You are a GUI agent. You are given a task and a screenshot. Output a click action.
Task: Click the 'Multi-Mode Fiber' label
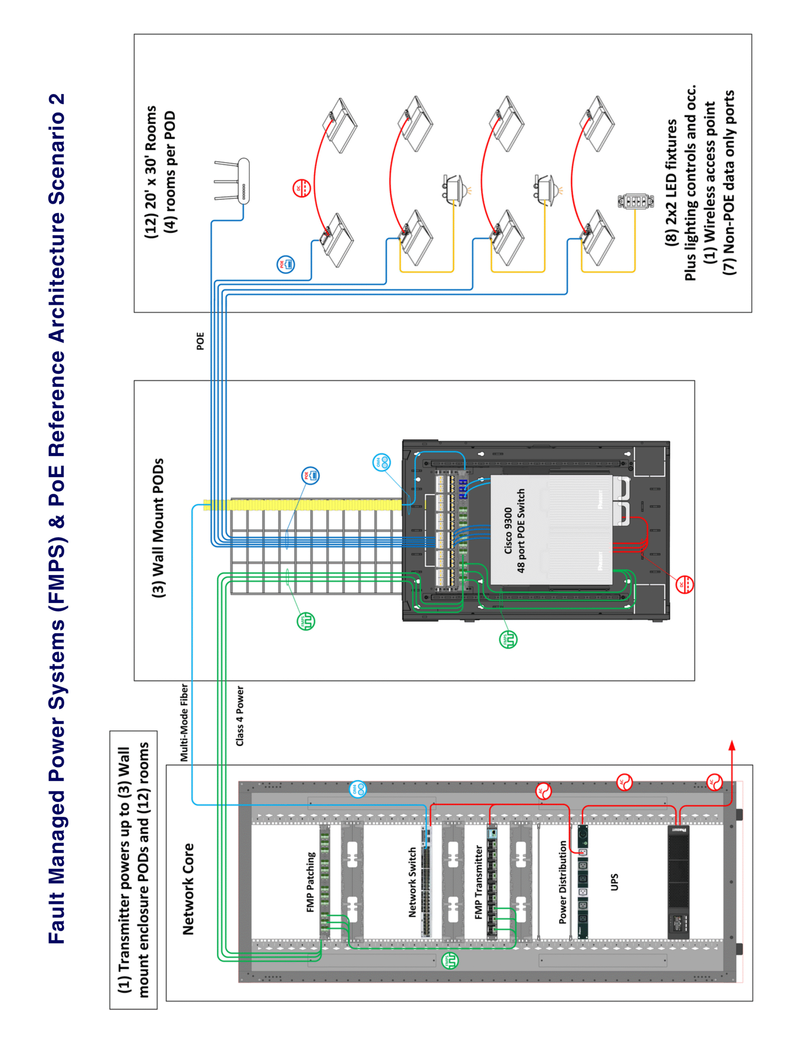pyautogui.click(x=184, y=723)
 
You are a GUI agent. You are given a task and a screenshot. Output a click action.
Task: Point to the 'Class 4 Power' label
pyautogui.click(x=240, y=716)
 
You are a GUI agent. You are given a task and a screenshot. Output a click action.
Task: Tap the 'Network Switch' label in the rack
pyautogui.click(x=412, y=882)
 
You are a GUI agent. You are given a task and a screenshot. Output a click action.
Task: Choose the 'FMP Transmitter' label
pyautogui.click(x=479, y=882)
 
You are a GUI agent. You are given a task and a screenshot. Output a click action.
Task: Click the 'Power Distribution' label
pyautogui.click(x=562, y=882)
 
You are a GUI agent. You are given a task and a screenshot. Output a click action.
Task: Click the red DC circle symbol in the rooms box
pyautogui.click(x=301, y=188)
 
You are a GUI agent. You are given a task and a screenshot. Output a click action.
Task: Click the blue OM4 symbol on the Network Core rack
pyautogui.click(x=358, y=789)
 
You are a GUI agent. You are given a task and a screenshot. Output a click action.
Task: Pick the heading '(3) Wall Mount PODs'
pyautogui.click(x=158, y=528)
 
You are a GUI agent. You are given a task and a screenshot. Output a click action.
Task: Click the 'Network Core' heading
pyautogui.click(x=188, y=889)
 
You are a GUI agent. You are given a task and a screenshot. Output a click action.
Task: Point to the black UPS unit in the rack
pyautogui.click(x=678, y=882)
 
